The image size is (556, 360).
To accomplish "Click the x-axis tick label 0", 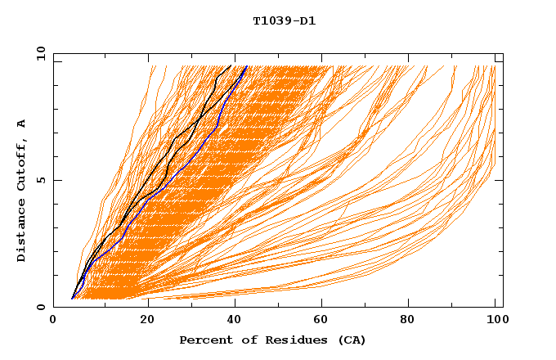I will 53,320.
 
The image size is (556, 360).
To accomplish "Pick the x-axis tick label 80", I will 406,320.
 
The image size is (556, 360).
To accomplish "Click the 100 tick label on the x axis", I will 495,320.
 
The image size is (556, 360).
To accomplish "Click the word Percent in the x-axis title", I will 205,340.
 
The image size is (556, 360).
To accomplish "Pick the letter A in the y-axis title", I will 21,123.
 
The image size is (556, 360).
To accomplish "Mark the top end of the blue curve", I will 246,65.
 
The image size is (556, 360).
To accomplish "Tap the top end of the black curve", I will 231,65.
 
